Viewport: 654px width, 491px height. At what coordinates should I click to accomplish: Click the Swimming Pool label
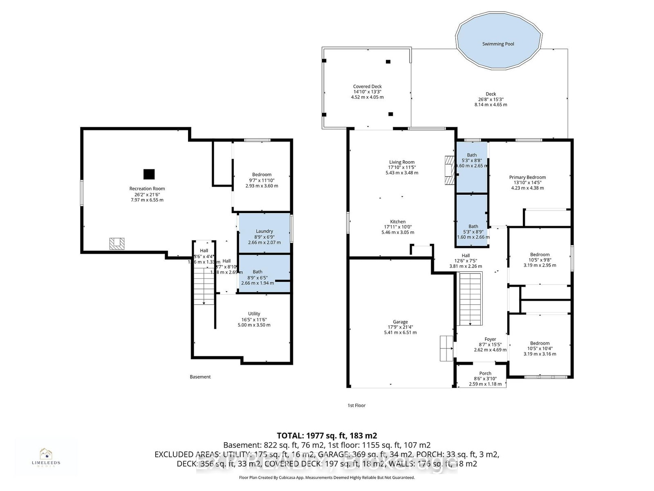pyautogui.click(x=498, y=44)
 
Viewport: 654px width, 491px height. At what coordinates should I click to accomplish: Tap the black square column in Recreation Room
pyautogui.click(x=149, y=174)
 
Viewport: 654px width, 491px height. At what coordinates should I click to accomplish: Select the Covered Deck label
pyautogui.click(x=367, y=86)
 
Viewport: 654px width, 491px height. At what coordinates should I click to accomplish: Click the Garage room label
pyautogui.click(x=400, y=322)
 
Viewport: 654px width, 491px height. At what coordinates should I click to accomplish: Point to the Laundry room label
pyautogui.click(x=264, y=231)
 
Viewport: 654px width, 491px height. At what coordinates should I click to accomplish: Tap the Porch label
pyautogui.click(x=485, y=373)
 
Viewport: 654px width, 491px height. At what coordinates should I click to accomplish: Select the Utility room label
pyautogui.click(x=254, y=314)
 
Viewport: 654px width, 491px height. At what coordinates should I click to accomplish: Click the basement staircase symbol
pyautogui.click(x=204, y=286)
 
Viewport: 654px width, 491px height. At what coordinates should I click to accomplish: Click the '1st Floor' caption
pyautogui.click(x=354, y=405)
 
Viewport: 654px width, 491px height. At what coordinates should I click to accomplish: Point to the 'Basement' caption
pyautogui.click(x=200, y=377)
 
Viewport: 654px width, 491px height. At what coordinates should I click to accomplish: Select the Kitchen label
pyautogui.click(x=398, y=222)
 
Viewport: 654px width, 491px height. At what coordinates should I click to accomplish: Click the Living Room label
pyautogui.click(x=401, y=162)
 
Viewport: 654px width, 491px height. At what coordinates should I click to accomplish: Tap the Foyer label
pyautogui.click(x=490, y=339)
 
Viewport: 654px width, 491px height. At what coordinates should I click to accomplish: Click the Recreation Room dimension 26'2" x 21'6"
pyautogui.click(x=147, y=194)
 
